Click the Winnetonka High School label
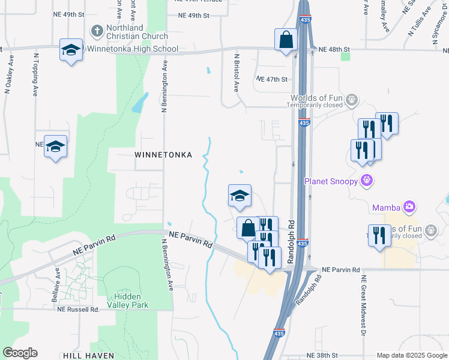pos(133,49)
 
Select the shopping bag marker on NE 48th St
pos(286,40)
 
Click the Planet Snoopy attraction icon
pos(367,180)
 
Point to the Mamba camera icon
pos(409,207)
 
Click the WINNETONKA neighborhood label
pos(163,155)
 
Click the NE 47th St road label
pos(272,79)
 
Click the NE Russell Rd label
pos(78,310)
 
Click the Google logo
pos(20,353)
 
